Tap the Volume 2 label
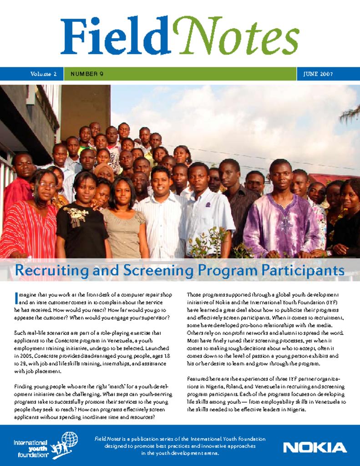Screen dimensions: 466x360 click(x=44, y=74)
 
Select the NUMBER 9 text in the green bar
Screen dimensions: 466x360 click(x=87, y=74)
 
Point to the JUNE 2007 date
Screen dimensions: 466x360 click(x=318, y=74)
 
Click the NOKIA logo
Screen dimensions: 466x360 click(x=314, y=447)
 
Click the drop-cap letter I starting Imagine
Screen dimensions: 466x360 click(x=16, y=298)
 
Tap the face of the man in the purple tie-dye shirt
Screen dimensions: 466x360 click(x=281, y=175)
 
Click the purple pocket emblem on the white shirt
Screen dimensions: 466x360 click(x=208, y=204)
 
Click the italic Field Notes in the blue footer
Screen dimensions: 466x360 click(x=107, y=439)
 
